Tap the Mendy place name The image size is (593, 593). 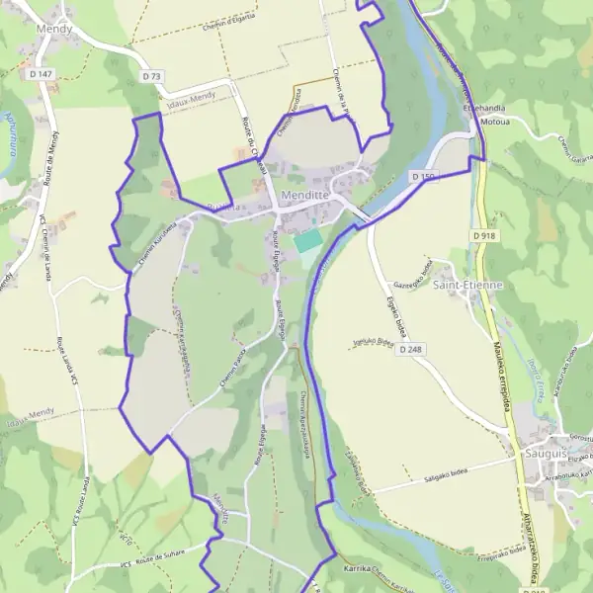tap(53, 31)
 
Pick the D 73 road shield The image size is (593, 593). tap(151, 76)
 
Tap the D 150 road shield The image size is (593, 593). tap(423, 177)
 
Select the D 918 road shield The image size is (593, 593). tap(483, 236)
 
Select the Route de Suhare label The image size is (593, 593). tap(157, 559)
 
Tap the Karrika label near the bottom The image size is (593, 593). tap(355, 570)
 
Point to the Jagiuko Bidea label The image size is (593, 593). tap(372, 342)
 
